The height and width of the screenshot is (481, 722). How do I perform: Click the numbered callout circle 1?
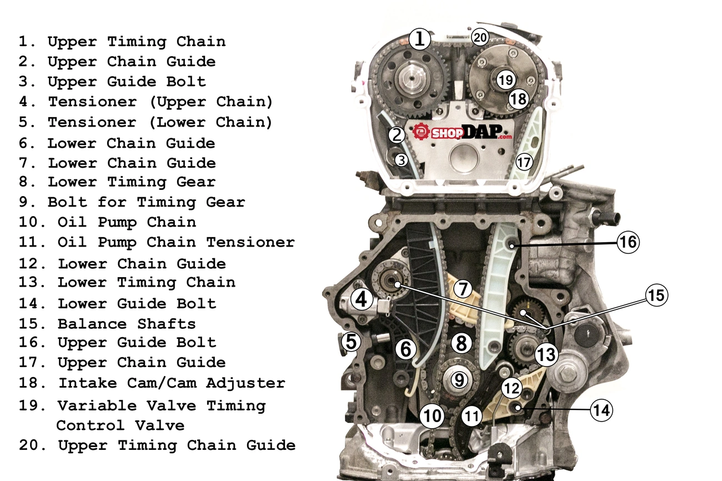click(x=420, y=39)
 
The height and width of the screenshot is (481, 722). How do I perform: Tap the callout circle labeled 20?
click(x=480, y=38)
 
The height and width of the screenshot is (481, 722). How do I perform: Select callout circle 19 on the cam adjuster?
click(x=505, y=80)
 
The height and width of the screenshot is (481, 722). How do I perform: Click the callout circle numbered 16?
click(x=628, y=243)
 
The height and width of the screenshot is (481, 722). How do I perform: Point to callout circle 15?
click(x=656, y=295)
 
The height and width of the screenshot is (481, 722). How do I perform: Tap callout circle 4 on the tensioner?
click(x=362, y=300)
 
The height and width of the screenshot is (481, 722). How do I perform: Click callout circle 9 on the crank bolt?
click(x=460, y=380)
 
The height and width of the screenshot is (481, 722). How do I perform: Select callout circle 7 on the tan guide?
click(x=462, y=289)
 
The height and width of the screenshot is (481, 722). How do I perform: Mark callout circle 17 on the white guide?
click(x=524, y=162)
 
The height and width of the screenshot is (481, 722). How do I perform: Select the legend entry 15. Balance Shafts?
click(x=107, y=324)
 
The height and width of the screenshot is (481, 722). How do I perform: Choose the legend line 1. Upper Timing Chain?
click(x=122, y=42)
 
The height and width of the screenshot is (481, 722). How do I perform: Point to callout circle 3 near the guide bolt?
click(x=401, y=160)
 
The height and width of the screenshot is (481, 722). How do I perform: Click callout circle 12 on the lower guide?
click(x=512, y=388)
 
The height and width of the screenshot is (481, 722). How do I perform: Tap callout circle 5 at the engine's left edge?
click(x=350, y=342)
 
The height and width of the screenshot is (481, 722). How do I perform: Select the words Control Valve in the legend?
click(x=120, y=426)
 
